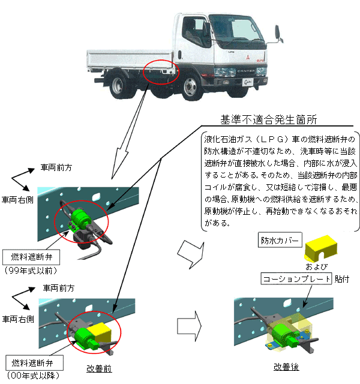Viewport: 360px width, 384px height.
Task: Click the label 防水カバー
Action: click(278, 239)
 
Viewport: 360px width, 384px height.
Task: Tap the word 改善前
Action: click(100, 368)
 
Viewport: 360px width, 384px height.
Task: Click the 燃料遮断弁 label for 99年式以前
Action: click(29, 257)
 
